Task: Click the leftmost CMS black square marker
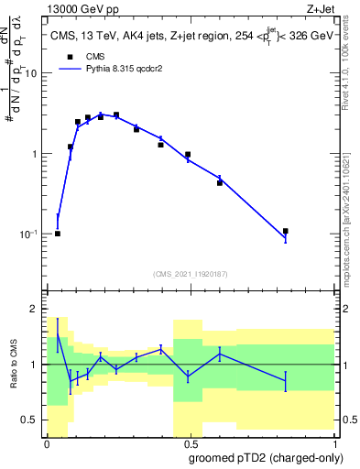(x=58, y=234)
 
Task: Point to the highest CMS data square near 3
(x=115, y=115)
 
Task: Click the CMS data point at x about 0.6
(x=220, y=182)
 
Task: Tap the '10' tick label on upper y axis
(x=32, y=73)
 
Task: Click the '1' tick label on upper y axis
(x=36, y=154)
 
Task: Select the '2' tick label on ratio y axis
(x=36, y=309)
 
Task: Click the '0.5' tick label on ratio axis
(x=30, y=420)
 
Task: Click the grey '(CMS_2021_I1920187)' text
(x=191, y=274)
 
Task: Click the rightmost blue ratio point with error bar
(x=286, y=378)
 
